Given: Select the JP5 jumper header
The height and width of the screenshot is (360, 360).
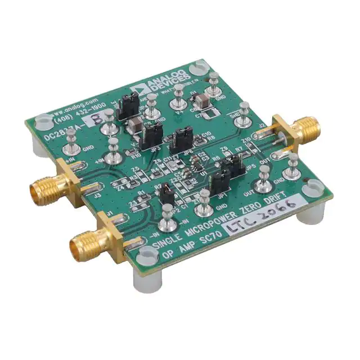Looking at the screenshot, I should pyautogui.click(x=232, y=166).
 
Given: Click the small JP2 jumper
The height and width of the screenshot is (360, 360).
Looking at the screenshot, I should pyautogui.click(x=166, y=196).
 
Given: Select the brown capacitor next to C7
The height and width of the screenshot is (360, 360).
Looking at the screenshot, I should pyautogui.click(x=200, y=103).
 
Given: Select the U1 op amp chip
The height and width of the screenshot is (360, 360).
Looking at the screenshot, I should pyautogui.click(x=193, y=164).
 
